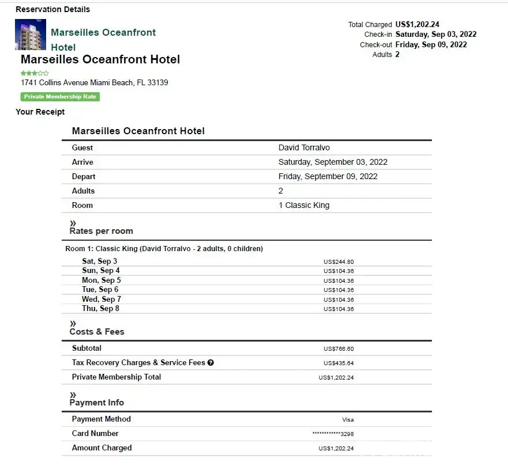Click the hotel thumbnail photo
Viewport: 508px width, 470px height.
(x=30, y=35)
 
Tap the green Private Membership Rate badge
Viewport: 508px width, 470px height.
(x=60, y=97)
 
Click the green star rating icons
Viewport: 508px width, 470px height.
(x=35, y=73)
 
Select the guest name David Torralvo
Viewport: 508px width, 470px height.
(x=304, y=148)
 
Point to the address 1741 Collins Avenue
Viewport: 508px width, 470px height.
(x=94, y=82)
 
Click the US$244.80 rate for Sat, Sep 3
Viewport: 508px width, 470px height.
(x=338, y=262)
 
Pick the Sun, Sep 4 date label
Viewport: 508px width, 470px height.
(x=101, y=271)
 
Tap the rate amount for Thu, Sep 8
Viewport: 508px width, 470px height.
(x=338, y=309)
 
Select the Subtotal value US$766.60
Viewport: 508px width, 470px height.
(x=338, y=349)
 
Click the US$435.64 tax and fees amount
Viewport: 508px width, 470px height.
(x=338, y=363)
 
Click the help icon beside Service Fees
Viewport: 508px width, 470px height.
(x=210, y=363)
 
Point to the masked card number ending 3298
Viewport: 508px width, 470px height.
(x=333, y=434)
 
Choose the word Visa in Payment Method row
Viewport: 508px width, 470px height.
(x=348, y=420)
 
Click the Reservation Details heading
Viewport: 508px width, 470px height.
(x=52, y=9)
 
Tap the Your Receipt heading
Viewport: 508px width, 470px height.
(x=40, y=112)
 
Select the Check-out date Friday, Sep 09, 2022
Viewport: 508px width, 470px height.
(x=431, y=45)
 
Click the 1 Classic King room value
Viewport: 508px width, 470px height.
(x=304, y=206)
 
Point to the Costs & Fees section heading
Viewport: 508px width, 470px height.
(x=97, y=332)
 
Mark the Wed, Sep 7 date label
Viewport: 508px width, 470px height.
(x=101, y=300)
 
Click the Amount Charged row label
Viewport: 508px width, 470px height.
(x=101, y=448)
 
